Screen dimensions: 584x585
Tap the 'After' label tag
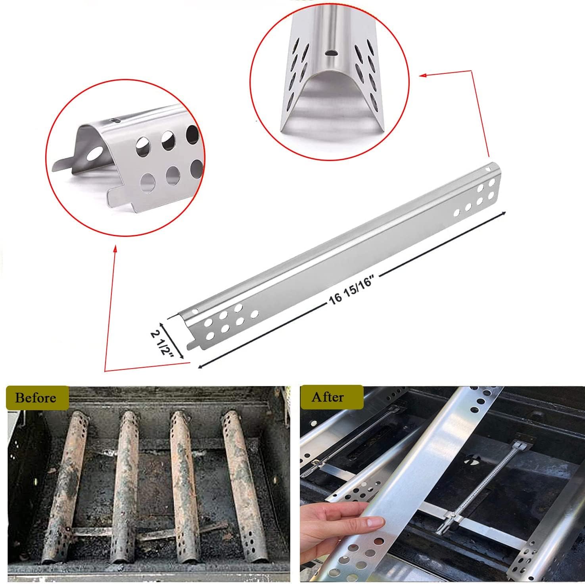point(328,397)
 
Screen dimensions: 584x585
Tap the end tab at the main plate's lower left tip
point(191,345)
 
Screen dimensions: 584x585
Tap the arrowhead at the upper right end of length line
point(504,213)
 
